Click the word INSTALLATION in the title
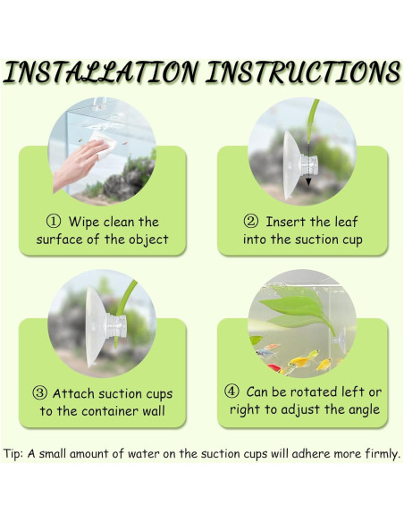click(100, 72)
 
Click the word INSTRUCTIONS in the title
click(303, 72)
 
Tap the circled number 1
click(54, 222)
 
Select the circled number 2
click(251, 222)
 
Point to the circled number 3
click(40, 393)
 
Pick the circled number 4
click(231, 391)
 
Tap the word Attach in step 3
click(73, 393)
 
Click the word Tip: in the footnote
click(13, 454)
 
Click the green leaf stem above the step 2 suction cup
click(312, 120)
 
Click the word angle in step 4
click(364, 409)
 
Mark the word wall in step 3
click(154, 411)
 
